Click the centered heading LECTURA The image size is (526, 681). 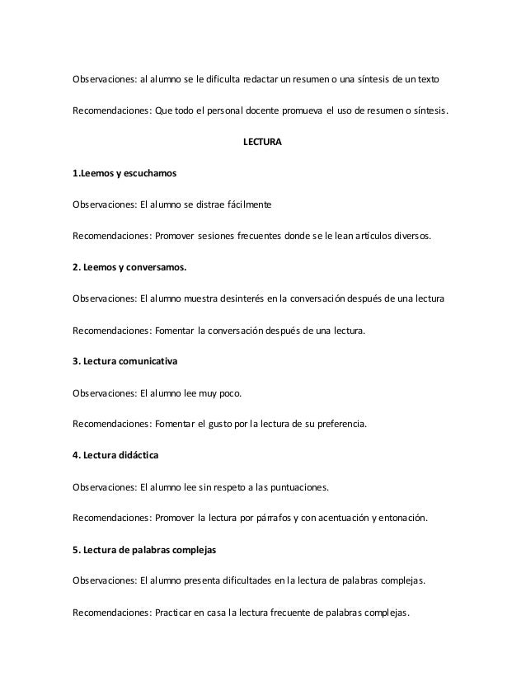(262, 143)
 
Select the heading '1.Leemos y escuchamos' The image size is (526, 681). (124, 174)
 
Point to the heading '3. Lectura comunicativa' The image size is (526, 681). (124, 362)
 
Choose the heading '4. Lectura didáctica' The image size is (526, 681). (117, 456)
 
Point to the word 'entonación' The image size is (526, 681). (402, 519)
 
